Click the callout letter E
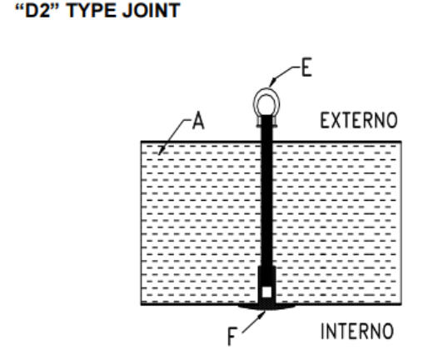(x=306, y=67)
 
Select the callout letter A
(x=198, y=120)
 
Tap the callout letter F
(x=232, y=337)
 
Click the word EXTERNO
(x=359, y=120)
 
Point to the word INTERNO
(x=357, y=331)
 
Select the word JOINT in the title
(x=152, y=11)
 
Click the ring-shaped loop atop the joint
(x=266, y=89)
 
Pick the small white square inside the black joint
(x=266, y=292)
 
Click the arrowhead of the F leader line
(x=261, y=315)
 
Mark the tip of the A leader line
(x=159, y=153)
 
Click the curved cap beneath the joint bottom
(x=266, y=307)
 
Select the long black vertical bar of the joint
(x=266, y=191)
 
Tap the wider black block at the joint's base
(x=266, y=286)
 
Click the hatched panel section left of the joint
(x=201, y=223)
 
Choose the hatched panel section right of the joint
(x=337, y=223)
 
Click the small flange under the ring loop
(x=266, y=125)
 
